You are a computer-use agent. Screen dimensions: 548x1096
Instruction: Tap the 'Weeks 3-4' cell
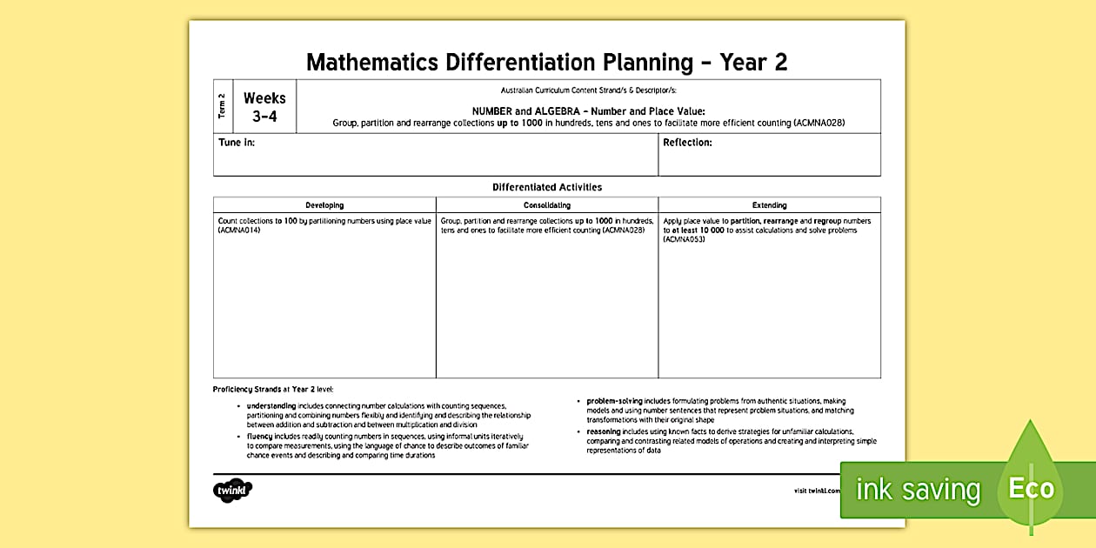click(264, 107)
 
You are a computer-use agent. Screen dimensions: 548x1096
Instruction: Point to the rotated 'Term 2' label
click(223, 106)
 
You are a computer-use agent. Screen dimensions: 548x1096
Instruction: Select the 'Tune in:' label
click(237, 143)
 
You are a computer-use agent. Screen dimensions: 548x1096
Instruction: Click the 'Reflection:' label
click(687, 143)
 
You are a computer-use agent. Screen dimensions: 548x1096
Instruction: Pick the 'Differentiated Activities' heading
click(547, 187)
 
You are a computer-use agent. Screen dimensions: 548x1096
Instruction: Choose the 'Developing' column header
click(324, 205)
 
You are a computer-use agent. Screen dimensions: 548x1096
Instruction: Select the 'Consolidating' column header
click(547, 205)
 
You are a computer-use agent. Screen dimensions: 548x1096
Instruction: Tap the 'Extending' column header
click(769, 205)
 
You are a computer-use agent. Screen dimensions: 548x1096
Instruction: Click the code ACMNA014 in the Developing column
click(239, 231)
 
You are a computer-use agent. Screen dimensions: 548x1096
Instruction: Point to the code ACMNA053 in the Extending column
click(684, 239)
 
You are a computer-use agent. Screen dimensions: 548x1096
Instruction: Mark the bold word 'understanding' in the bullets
click(271, 406)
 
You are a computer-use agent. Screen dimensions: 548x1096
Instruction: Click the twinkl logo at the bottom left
click(232, 490)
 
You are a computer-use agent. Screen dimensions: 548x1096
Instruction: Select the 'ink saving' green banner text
click(918, 490)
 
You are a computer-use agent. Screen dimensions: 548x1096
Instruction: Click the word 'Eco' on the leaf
click(1031, 488)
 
